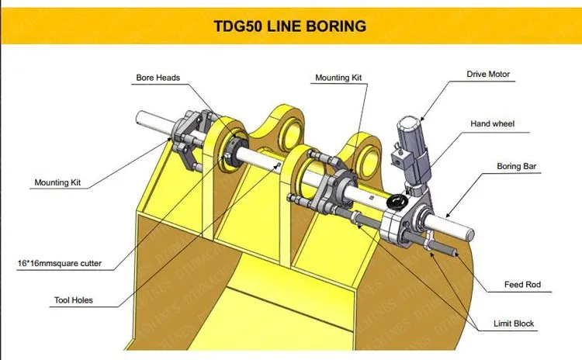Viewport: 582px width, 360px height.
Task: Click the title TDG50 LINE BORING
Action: [x=290, y=26]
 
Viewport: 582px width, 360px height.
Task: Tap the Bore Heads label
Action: [x=158, y=78]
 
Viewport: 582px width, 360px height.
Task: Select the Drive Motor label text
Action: [x=488, y=74]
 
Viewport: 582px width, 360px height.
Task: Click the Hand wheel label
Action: [x=492, y=123]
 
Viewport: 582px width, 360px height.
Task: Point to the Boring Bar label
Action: [x=516, y=166]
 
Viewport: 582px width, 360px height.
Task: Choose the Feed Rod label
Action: [x=522, y=284]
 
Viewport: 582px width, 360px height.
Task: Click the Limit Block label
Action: [x=514, y=324]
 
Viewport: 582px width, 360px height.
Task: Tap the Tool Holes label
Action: [x=74, y=300]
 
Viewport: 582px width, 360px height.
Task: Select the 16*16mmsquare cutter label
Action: [x=60, y=263]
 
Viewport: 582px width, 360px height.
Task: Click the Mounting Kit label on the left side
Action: [x=57, y=182]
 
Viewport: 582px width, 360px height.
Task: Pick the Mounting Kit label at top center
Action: [x=338, y=78]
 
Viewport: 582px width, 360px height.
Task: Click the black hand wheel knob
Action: [x=394, y=202]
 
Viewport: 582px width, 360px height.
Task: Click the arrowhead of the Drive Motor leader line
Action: [x=421, y=118]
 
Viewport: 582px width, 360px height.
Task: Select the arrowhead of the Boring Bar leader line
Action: [x=447, y=215]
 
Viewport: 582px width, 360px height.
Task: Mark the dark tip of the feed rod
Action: [x=455, y=253]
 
